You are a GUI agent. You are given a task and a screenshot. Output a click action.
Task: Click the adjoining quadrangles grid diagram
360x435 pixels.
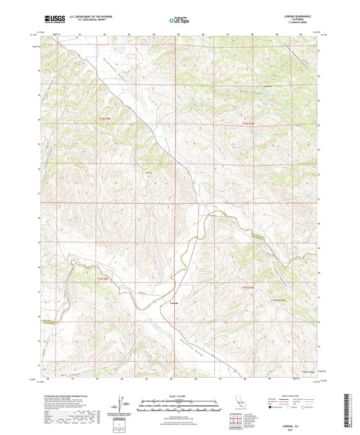point(236,422)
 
